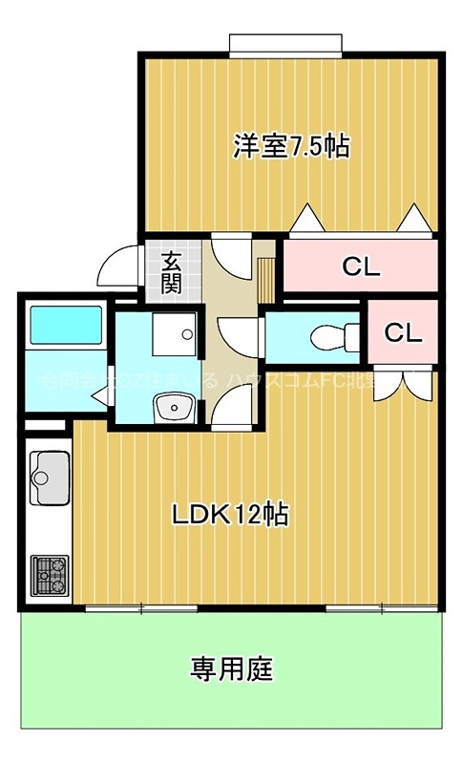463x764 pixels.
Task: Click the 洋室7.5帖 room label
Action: [x=291, y=146]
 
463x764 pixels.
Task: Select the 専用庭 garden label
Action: [x=231, y=668]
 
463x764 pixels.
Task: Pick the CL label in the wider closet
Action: [x=361, y=266]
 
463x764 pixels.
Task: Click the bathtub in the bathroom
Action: [x=64, y=328]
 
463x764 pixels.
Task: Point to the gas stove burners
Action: [x=49, y=574]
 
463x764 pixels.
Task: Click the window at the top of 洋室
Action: [x=284, y=44]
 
